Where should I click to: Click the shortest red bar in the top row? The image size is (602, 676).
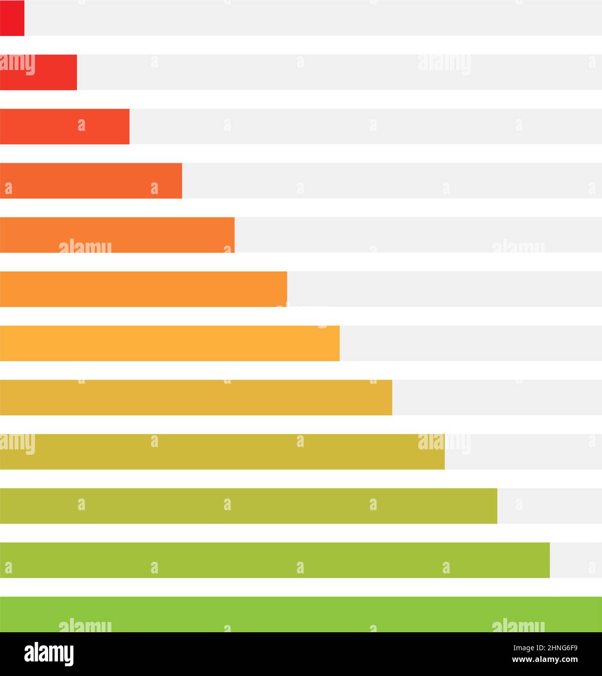pos(12,18)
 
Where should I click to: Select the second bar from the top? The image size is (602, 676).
pos(38,72)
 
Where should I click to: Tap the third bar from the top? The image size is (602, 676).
pos(65,126)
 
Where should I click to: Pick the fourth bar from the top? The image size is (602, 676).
pos(91,180)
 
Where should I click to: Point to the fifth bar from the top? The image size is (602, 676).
pos(117,235)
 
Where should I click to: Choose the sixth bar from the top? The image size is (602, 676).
pos(143,289)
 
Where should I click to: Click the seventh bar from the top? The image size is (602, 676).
pos(170,343)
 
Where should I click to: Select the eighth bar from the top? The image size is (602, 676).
pos(196,397)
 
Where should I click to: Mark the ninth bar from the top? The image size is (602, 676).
pos(222,452)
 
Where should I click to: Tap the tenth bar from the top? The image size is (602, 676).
pos(248,506)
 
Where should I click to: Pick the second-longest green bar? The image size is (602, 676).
pos(275,560)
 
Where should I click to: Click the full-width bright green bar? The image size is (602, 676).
pos(301,614)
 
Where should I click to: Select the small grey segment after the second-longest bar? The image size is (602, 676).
pos(576,560)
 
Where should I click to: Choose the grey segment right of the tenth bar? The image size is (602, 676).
pos(549,506)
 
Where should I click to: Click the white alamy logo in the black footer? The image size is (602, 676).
pos(49,654)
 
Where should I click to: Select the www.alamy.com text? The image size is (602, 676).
pos(545,660)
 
